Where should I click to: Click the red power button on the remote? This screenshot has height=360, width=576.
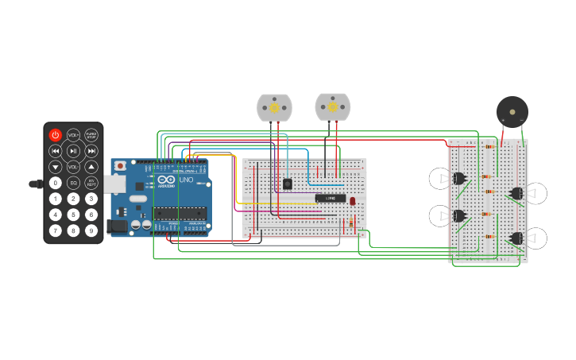[x=55, y=135]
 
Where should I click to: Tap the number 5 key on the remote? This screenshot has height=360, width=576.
[x=73, y=215]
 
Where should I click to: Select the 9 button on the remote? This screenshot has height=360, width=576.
[x=91, y=230]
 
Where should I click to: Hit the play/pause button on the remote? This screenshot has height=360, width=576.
[x=73, y=151]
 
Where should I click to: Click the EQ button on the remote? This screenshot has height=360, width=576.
[x=73, y=183]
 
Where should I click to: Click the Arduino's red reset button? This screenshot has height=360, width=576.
[x=120, y=165]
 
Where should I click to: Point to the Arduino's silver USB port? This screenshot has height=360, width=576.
[x=114, y=184]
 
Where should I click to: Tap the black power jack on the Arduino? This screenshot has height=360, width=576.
[x=117, y=226]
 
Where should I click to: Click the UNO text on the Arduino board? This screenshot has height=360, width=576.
[x=185, y=180]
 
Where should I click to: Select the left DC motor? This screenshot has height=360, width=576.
[x=274, y=107]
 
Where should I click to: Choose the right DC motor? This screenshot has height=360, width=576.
[x=332, y=106]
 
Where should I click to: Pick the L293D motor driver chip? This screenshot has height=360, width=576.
[x=331, y=198]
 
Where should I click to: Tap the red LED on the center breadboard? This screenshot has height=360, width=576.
[x=352, y=201]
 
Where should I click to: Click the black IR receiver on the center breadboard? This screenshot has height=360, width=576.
[x=287, y=184]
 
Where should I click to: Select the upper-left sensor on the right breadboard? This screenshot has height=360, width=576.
[x=458, y=178]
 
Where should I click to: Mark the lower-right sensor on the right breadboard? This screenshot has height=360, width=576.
[x=517, y=238]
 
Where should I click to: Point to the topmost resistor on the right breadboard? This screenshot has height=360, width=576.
[x=489, y=146]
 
